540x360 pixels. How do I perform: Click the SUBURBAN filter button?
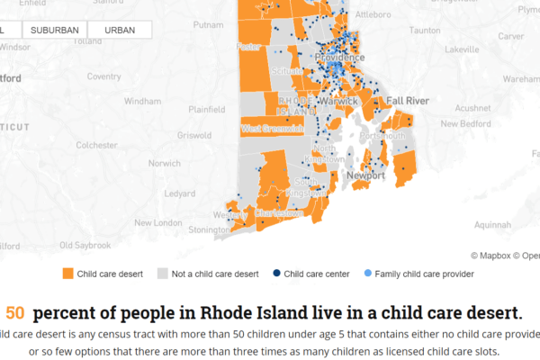(55, 30)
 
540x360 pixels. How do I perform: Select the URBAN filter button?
(121, 30)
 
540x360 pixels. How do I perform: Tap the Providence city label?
(339, 58)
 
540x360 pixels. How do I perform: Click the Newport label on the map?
(365, 175)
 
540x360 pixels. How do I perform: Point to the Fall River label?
(409, 99)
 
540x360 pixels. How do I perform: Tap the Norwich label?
(164, 164)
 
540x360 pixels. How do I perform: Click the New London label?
(157, 222)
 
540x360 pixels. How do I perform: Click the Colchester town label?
(97, 144)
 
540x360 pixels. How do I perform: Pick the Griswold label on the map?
(193, 136)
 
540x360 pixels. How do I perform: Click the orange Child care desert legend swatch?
(68, 272)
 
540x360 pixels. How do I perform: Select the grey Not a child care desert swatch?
(163, 272)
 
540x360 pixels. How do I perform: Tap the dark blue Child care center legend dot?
(276, 272)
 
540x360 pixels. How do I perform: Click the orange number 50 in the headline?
(15, 314)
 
